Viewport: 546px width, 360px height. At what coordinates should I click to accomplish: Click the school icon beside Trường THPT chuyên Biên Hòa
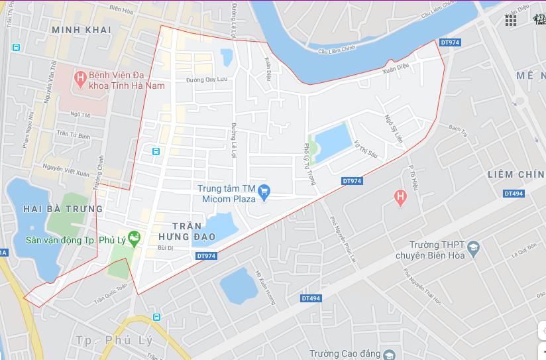pos(473,249)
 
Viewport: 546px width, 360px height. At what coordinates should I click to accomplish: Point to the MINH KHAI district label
pos(82,30)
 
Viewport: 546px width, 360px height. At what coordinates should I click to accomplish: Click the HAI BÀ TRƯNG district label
pos(63,208)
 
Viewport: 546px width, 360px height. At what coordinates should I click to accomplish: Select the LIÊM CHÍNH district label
pos(516,174)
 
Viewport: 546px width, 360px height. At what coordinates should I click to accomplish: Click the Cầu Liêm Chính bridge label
pos(337,50)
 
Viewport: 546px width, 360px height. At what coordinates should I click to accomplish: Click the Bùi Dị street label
pos(165,248)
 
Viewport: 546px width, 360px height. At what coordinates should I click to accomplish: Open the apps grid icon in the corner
pos(511,21)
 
